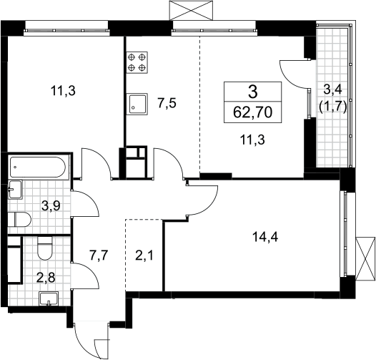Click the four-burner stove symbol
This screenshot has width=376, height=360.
137,62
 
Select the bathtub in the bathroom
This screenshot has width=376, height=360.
37,167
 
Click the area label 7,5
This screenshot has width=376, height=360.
167,104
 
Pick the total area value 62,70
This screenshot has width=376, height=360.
252,112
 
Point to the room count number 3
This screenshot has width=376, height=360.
253,92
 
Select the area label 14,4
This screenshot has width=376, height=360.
265,238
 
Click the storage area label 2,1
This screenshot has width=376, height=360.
144,256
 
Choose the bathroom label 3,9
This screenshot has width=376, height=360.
51,205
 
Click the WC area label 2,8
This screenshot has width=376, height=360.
46,278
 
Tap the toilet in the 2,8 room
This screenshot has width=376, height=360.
45,248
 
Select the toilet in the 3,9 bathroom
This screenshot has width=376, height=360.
19,219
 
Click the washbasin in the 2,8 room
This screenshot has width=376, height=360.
49,298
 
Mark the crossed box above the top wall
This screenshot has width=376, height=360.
191,10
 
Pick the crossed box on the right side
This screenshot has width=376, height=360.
365,258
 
